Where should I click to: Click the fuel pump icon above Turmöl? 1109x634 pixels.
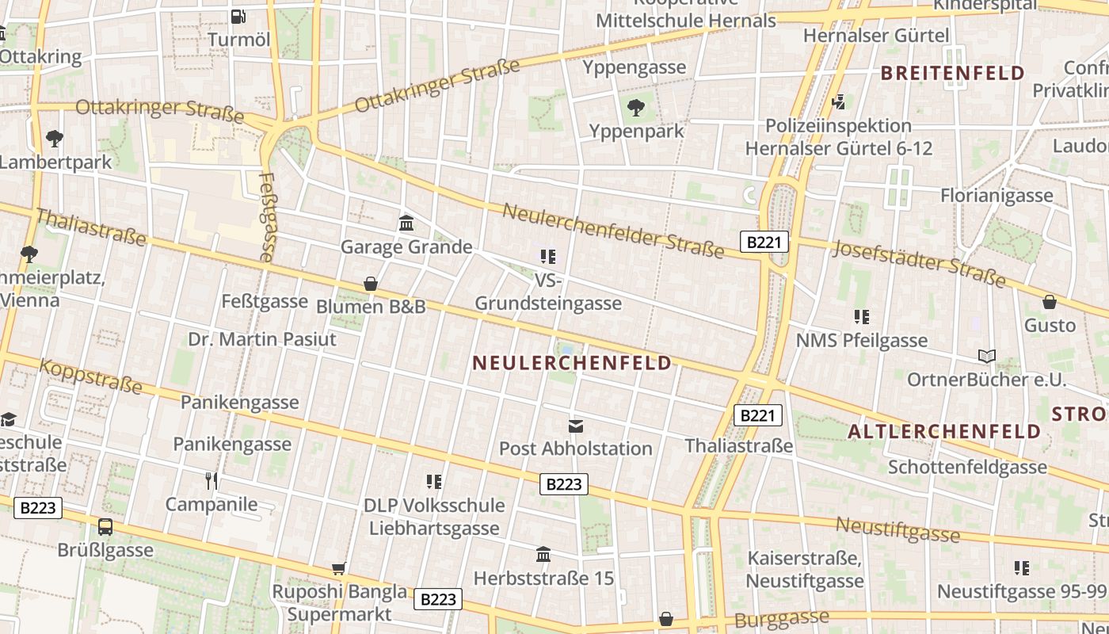pos(238,16)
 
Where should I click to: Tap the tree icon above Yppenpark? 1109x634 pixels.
pos(635,108)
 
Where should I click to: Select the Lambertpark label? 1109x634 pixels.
pos(55,162)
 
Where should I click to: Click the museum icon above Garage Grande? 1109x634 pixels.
pos(406,223)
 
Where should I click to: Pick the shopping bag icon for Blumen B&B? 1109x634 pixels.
pos(370,283)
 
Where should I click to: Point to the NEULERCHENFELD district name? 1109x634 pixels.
pos(572,363)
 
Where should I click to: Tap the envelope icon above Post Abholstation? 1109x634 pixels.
pos(576,426)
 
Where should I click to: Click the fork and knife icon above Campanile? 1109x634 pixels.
pos(212,480)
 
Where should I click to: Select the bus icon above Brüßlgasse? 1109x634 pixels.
pos(105,527)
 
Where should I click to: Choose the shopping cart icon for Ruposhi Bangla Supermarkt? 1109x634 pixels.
pos(339,567)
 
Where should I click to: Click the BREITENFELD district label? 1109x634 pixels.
pos(953,74)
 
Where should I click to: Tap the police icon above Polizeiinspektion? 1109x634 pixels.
pos(839,101)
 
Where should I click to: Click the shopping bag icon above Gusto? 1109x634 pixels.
pos(1050,302)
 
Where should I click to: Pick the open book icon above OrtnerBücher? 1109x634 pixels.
pos(986,356)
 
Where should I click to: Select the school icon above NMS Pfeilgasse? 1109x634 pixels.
pos(862,317)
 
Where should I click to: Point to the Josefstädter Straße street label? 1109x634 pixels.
pos(919,262)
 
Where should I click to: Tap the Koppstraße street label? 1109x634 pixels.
pos(90,377)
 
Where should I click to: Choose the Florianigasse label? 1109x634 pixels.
pos(997,195)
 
